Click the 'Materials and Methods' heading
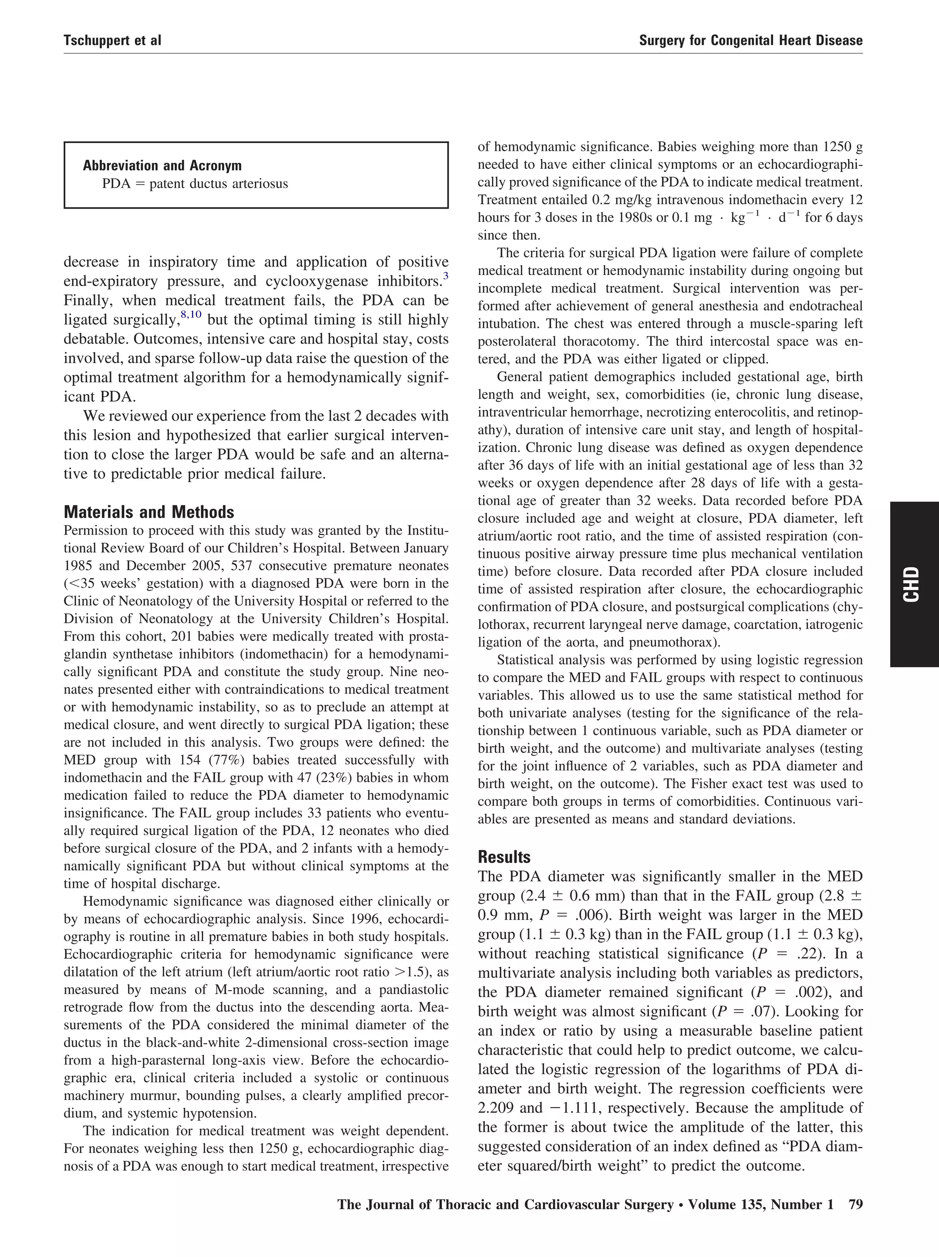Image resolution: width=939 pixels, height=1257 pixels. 149,513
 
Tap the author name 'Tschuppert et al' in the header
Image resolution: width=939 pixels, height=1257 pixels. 112,40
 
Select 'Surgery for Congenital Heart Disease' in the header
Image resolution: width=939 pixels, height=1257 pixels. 751,40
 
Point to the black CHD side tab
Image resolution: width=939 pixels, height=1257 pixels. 914,584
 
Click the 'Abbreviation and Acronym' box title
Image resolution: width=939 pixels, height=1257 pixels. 162,166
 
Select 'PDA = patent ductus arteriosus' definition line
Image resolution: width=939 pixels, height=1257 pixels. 195,184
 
